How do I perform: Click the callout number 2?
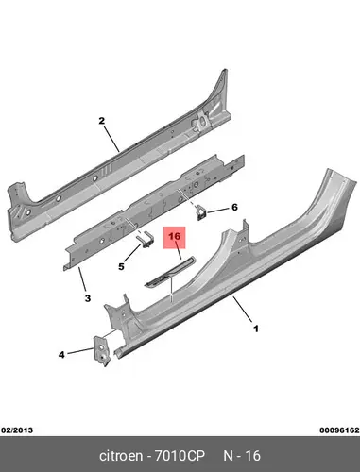click(101, 121)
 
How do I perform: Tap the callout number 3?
click(88, 298)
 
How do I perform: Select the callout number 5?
click(121, 266)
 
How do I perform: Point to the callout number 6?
click(234, 208)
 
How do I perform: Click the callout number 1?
click(256, 329)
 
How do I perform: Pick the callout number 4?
click(61, 355)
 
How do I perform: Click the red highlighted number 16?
click(174, 236)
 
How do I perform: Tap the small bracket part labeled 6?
click(200, 213)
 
